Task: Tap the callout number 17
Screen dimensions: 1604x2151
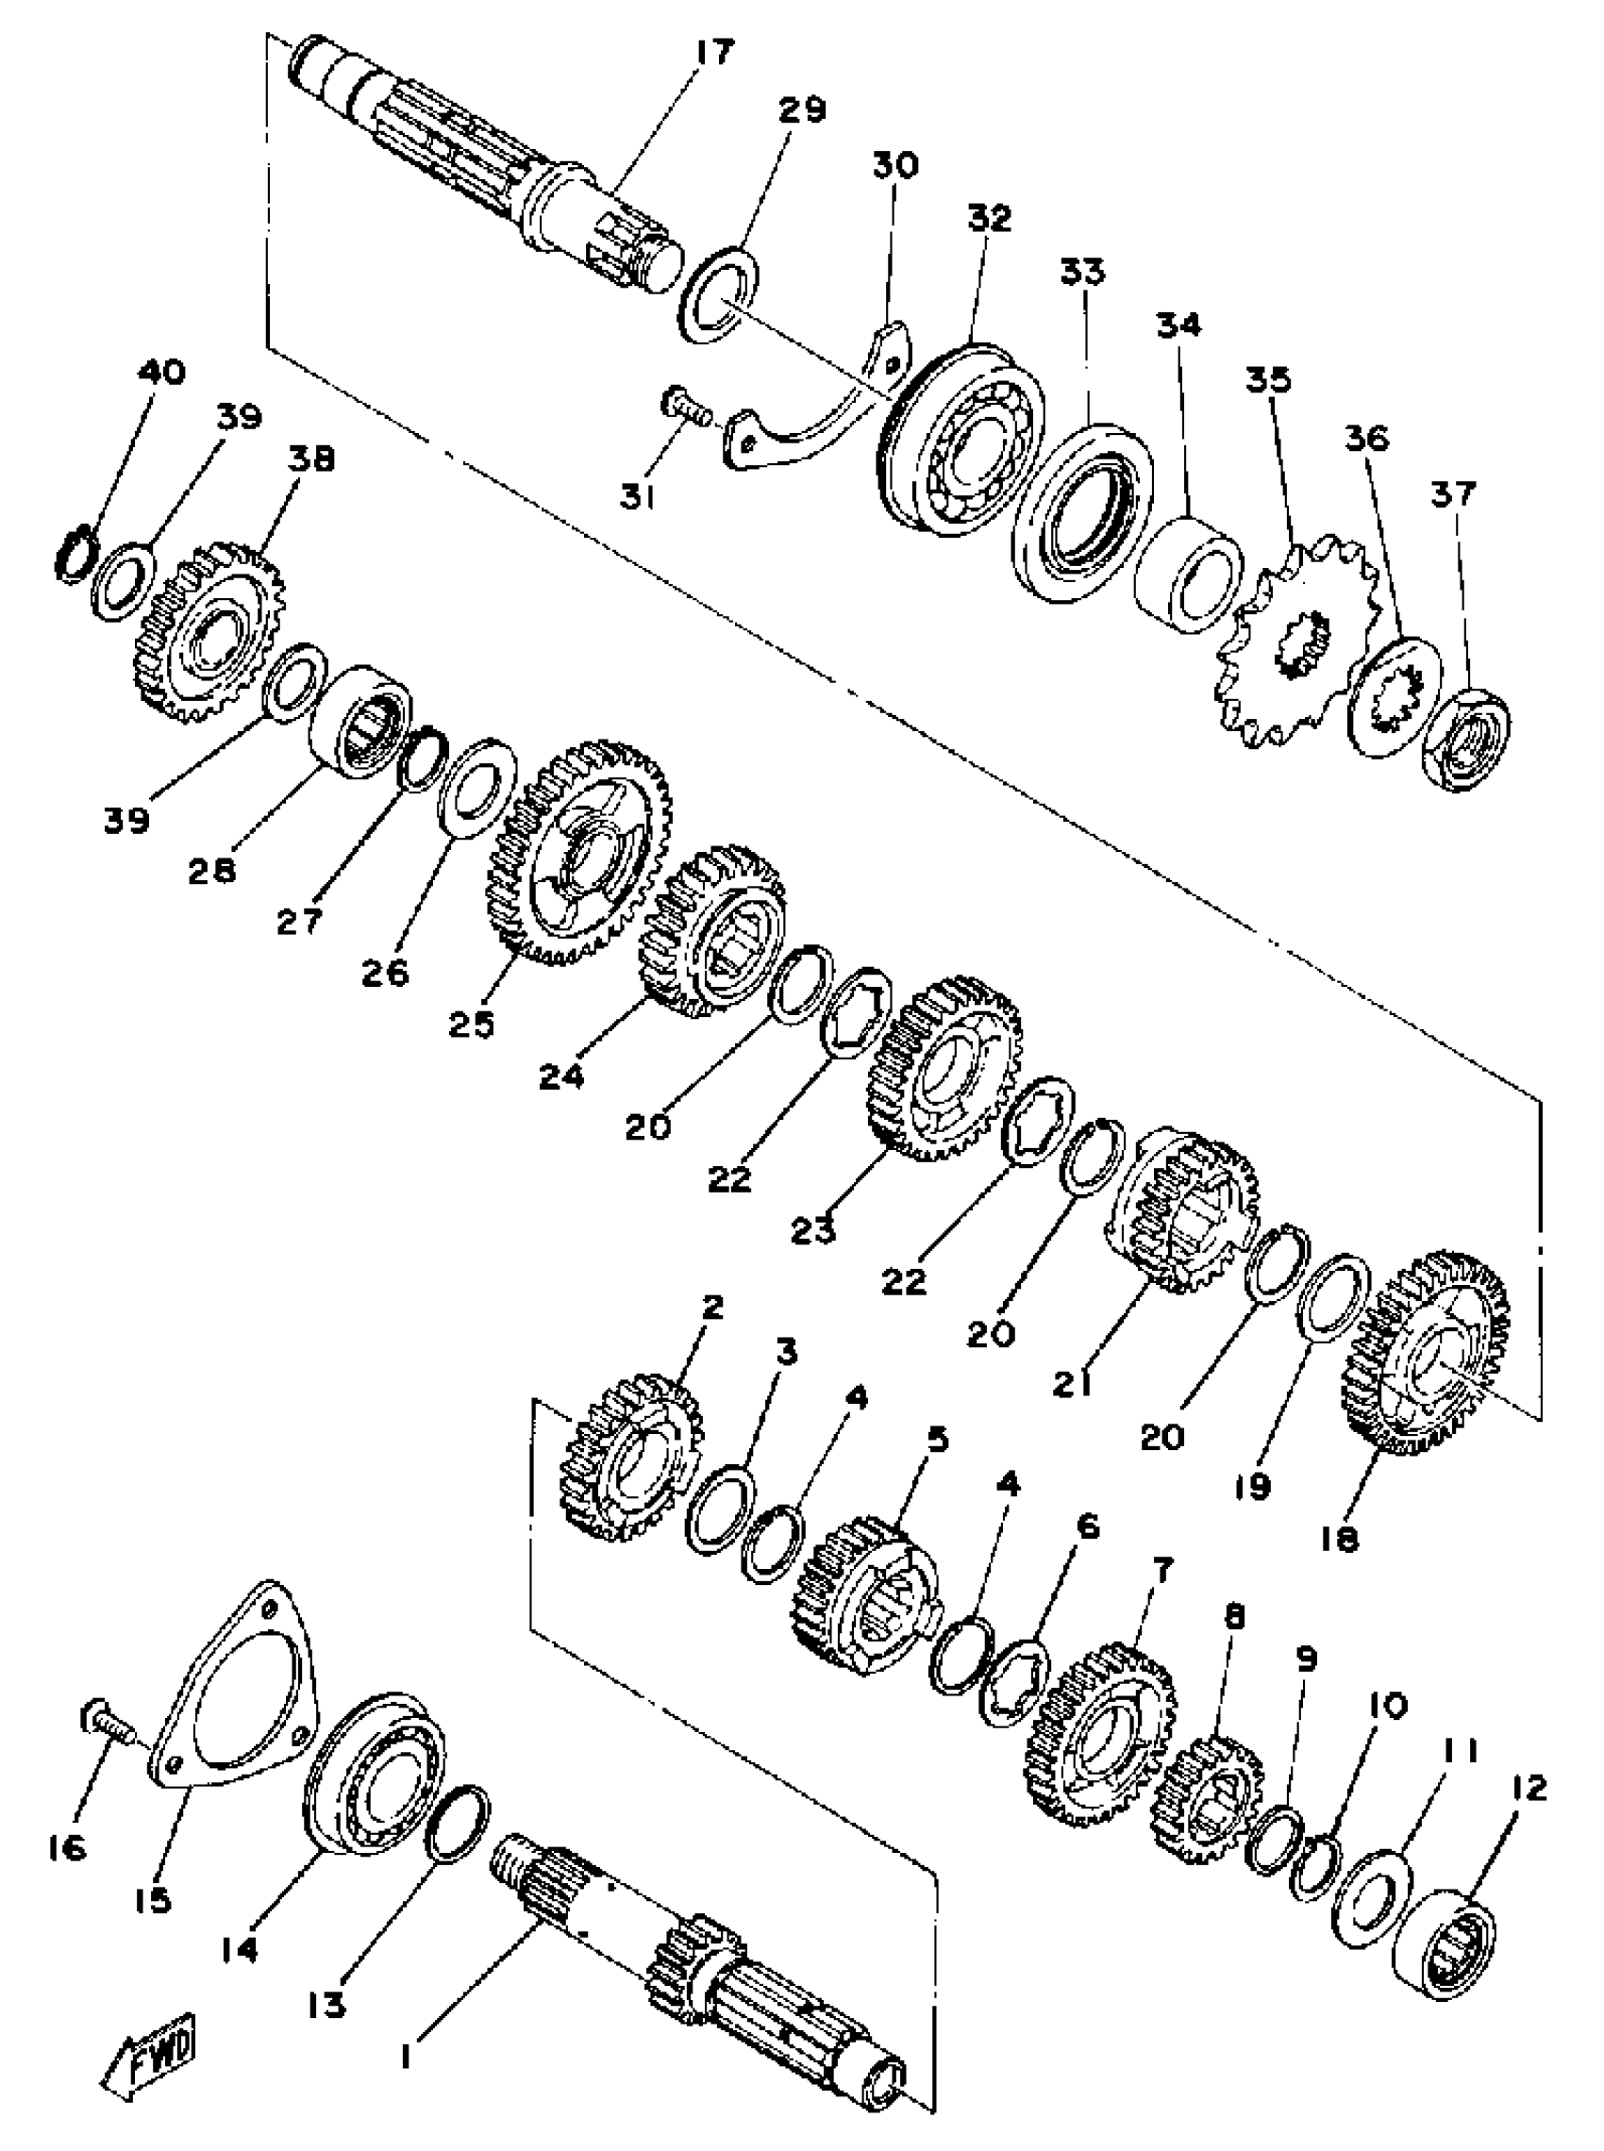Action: tap(715, 54)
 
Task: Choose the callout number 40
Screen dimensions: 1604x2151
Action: tap(162, 372)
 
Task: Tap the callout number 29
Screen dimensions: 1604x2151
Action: tap(803, 109)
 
